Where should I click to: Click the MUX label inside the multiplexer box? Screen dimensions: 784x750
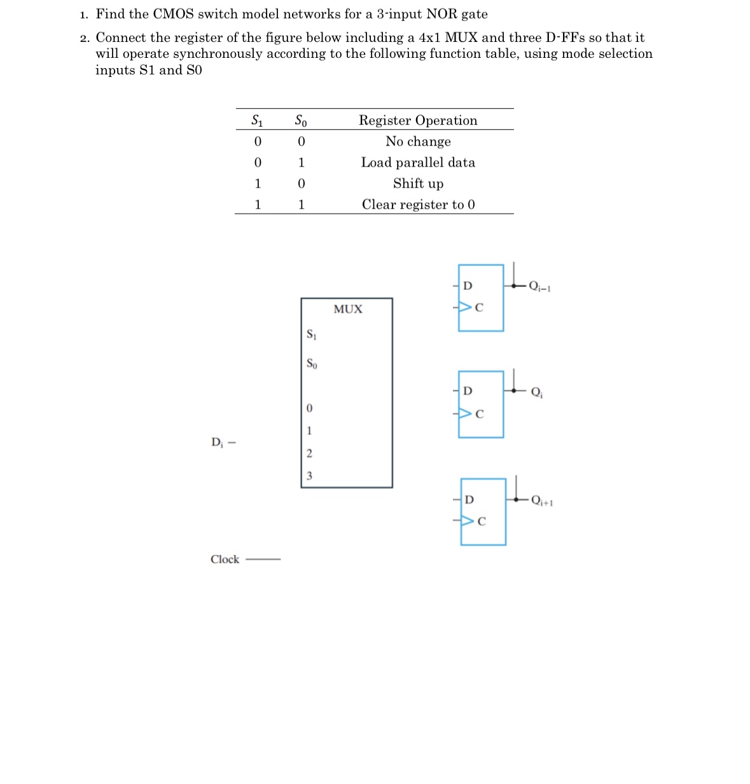pyautogui.click(x=348, y=309)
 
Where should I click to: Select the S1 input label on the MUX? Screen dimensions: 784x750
pyautogui.click(x=311, y=334)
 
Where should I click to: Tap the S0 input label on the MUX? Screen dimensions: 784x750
pyautogui.click(x=311, y=364)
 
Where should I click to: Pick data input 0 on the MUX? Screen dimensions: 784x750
pyautogui.click(x=309, y=408)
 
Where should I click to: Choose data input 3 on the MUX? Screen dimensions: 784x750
pyautogui.click(x=309, y=476)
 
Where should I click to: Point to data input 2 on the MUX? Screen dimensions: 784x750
pyautogui.click(x=309, y=453)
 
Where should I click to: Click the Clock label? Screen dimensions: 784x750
pyautogui.click(x=225, y=560)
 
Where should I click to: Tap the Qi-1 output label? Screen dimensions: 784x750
pyautogui.click(x=539, y=287)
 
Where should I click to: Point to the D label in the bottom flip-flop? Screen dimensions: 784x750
pyautogui.click(x=469, y=500)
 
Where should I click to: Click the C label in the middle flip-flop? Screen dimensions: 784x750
pyautogui.click(x=480, y=414)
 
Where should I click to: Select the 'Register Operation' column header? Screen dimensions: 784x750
pyautogui.click(x=418, y=120)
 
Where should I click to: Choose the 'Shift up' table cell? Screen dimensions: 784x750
pyautogui.click(x=418, y=183)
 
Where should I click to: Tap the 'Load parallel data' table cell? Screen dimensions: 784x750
pyautogui.click(x=418, y=162)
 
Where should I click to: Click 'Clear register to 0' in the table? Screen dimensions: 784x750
pyautogui.click(x=418, y=204)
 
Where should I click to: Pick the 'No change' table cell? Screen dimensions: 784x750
pyautogui.click(x=418, y=141)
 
